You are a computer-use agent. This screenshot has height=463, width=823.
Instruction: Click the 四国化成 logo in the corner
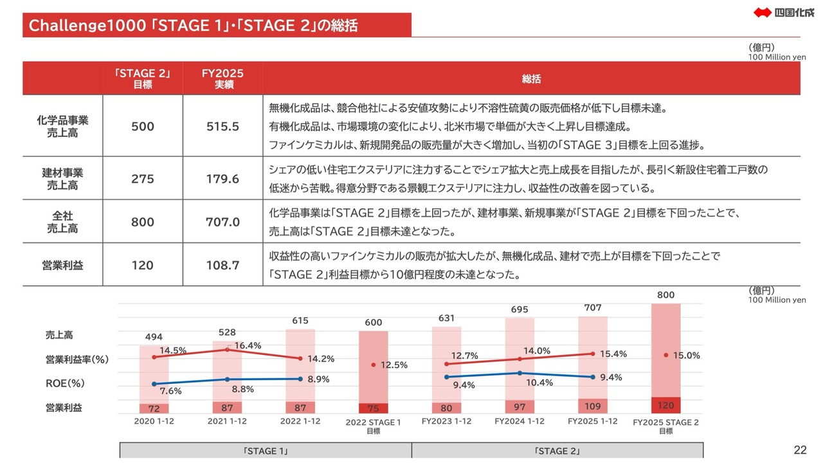click(779, 12)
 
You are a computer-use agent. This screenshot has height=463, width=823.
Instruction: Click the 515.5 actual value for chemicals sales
click(222, 127)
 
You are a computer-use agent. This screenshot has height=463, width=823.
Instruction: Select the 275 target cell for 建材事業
click(142, 179)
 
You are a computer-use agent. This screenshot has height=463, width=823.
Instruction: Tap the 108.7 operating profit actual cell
click(222, 265)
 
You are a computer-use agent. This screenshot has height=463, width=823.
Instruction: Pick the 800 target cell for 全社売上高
click(142, 222)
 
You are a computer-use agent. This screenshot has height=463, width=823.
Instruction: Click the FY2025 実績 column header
click(222, 78)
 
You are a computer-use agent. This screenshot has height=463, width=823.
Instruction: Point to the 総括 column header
click(531, 79)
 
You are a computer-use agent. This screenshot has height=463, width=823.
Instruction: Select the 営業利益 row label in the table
click(62, 265)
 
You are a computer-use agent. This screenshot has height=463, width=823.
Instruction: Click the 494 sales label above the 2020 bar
click(154, 337)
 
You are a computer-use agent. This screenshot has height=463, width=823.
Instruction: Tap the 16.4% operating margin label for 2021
click(248, 345)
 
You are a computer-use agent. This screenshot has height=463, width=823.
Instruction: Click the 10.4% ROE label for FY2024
click(539, 382)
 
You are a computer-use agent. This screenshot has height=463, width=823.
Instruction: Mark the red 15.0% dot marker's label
click(686, 355)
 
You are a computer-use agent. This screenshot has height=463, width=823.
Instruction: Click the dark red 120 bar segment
click(665, 405)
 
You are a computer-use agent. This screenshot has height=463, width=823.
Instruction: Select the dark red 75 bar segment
click(373, 408)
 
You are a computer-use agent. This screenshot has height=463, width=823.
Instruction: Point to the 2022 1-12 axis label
click(300, 421)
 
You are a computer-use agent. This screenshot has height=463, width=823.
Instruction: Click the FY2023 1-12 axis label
click(447, 421)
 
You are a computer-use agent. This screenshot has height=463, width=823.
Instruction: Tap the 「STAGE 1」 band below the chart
click(266, 451)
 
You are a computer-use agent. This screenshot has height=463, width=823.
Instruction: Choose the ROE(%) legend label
click(65, 383)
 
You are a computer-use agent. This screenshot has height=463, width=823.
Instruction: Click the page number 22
click(800, 449)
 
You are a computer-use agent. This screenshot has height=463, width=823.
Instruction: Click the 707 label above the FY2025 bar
click(592, 308)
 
